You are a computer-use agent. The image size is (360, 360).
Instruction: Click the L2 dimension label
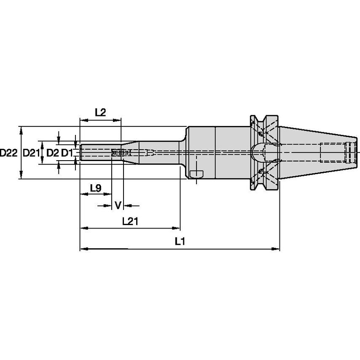tap(100, 112)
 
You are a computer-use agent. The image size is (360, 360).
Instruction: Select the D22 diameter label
tap(8, 153)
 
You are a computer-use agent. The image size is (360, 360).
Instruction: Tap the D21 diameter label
tap(31, 153)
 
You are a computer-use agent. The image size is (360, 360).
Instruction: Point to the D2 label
tap(51, 153)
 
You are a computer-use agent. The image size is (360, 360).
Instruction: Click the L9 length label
tap(95, 188)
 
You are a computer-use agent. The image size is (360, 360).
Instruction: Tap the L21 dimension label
tap(130, 220)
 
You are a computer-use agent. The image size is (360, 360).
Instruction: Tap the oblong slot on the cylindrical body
tap(196, 174)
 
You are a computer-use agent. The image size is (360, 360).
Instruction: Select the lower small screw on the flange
tap(261, 171)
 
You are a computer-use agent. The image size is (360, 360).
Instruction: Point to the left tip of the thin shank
tap(81, 153)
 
